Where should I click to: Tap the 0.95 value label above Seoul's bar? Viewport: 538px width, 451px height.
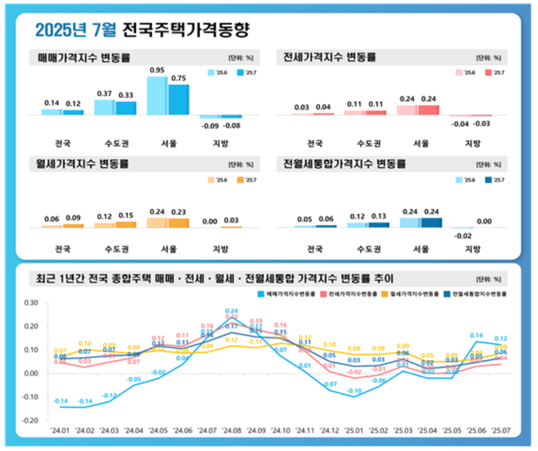(157, 71)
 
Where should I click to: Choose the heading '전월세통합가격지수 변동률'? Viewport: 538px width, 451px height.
(345, 165)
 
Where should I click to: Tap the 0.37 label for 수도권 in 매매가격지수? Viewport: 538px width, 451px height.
(104, 94)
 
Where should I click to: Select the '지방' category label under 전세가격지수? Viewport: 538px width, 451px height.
(474, 143)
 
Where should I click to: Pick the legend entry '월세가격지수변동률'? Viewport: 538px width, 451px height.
(412, 293)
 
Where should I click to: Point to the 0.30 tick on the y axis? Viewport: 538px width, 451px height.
(30, 303)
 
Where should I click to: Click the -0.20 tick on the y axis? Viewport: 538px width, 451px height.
(30, 420)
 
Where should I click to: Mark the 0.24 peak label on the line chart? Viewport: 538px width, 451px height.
(231, 310)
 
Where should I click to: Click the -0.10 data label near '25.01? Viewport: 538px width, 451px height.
(354, 391)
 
